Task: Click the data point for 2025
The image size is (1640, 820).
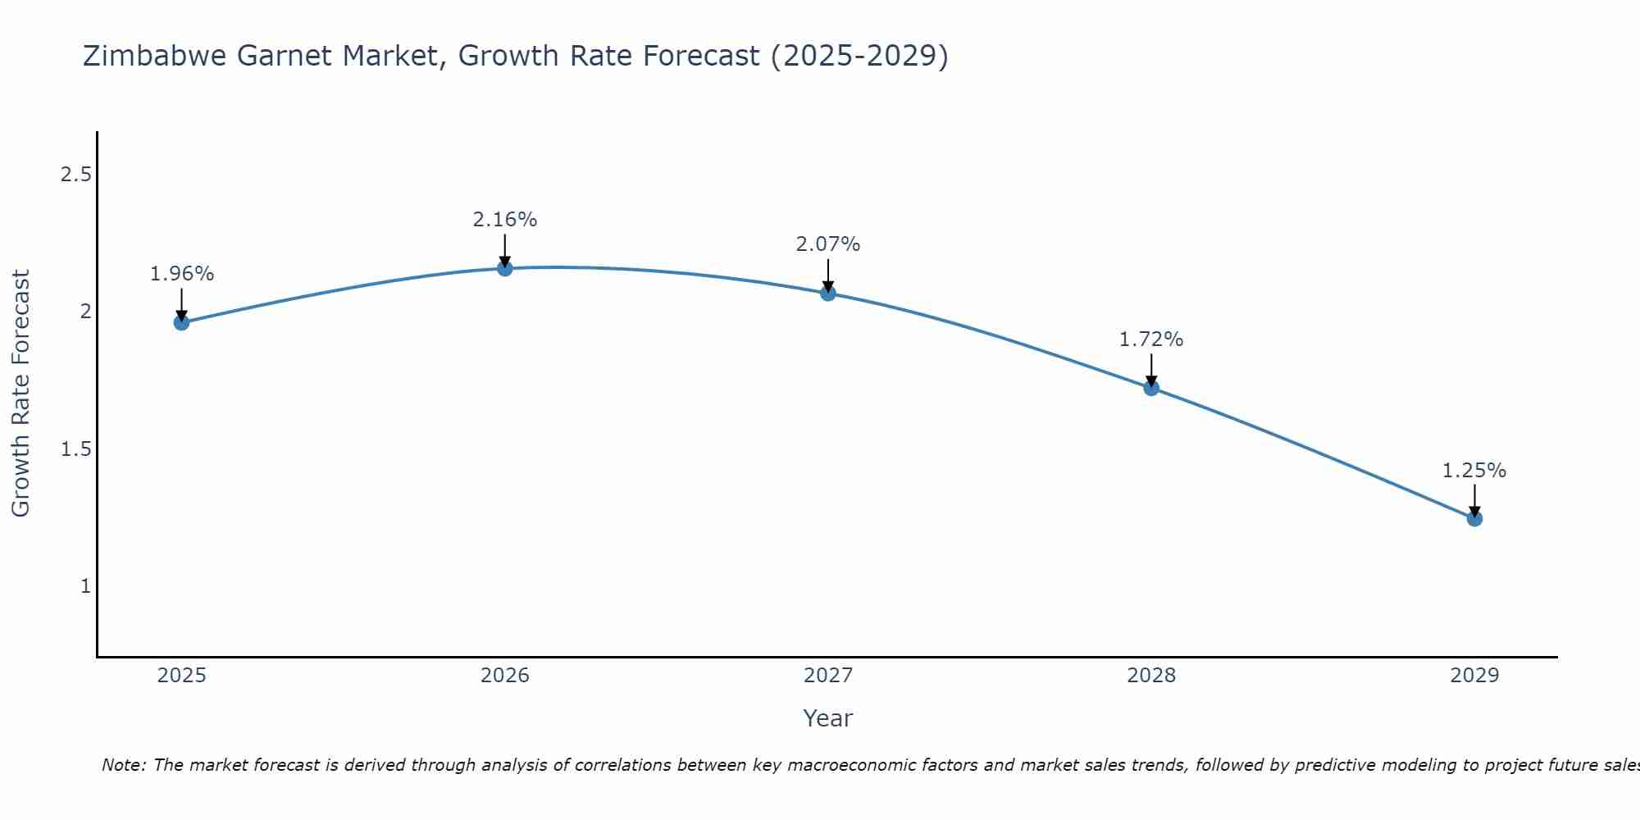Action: pos(181,322)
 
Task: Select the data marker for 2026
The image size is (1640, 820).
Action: pos(504,268)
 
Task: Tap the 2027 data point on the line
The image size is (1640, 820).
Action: pos(828,293)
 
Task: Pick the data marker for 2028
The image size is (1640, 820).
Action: pos(1151,388)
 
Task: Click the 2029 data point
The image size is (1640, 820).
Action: pos(1474,518)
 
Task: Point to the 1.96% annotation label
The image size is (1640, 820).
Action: pos(181,274)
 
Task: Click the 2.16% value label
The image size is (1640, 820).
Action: pos(504,220)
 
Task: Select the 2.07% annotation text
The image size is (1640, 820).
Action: pos(828,244)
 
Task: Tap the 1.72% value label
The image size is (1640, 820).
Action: pos(1151,339)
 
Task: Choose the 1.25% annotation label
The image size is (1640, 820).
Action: pos(1474,471)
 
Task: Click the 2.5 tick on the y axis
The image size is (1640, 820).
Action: pos(75,175)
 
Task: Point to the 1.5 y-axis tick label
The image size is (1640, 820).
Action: pos(75,449)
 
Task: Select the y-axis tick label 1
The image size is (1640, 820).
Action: pos(85,586)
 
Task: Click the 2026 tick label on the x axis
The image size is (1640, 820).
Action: pos(504,676)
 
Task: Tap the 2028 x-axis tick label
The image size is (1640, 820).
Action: pos(1151,676)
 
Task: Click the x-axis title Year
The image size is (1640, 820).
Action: pos(828,718)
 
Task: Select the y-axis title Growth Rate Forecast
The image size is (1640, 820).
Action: pos(20,394)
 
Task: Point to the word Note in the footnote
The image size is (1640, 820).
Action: pos(123,765)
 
